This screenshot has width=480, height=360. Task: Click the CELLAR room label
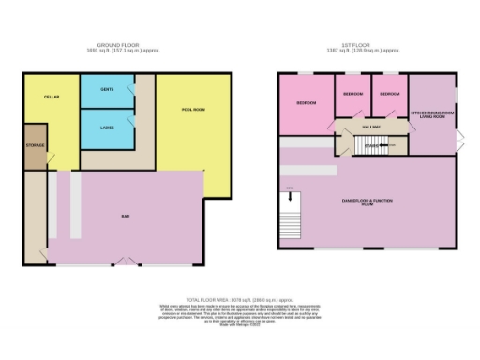[x=52, y=96]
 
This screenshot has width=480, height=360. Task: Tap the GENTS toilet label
[x=107, y=89]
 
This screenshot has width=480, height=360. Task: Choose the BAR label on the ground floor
[x=125, y=216]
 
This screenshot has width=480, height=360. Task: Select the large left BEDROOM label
[x=306, y=102]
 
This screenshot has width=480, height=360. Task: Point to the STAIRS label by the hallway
[x=370, y=145]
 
